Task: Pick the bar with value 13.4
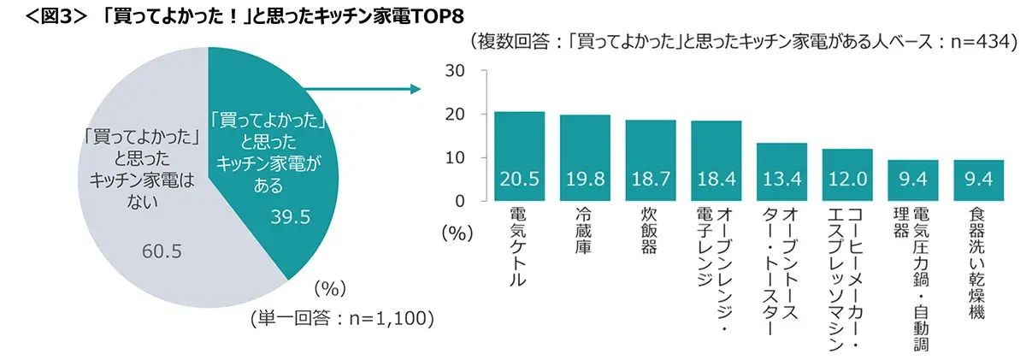pos(781,172)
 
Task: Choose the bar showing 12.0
pos(847,175)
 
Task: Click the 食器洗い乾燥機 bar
pos(978,180)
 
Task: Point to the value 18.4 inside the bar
pos(716,181)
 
